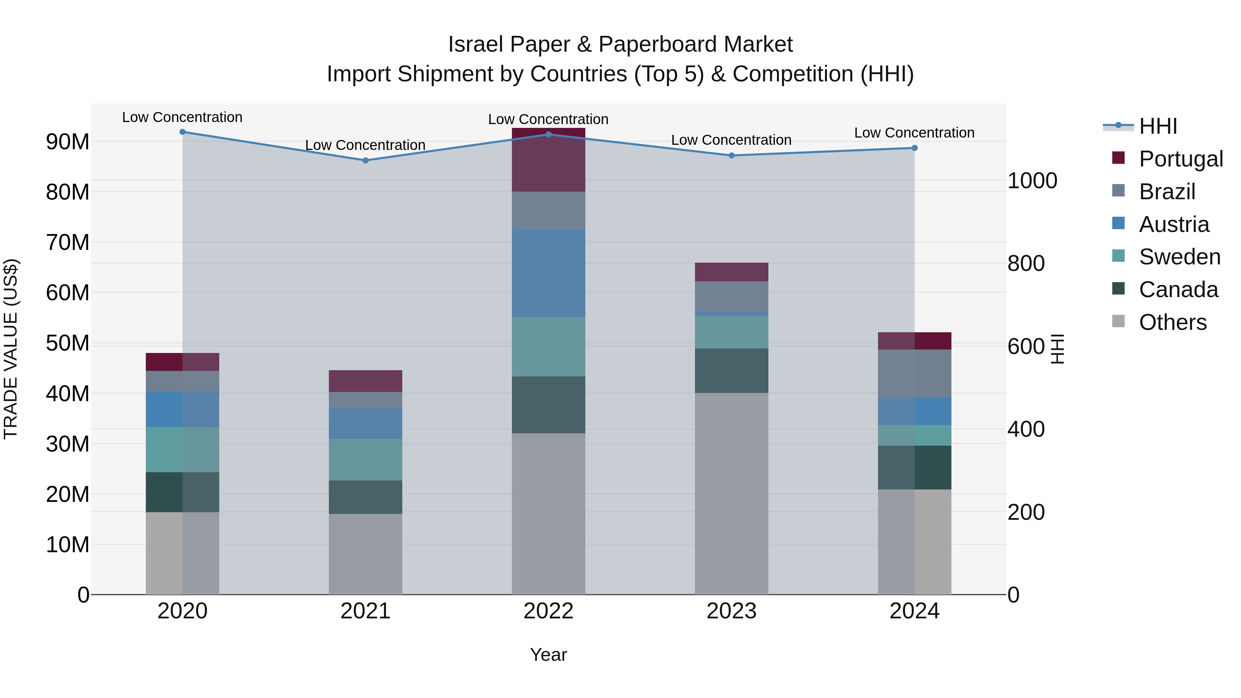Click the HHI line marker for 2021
click(365, 160)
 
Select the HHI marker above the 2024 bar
click(914, 148)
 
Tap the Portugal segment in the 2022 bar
click(548, 160)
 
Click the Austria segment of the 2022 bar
click(548, 273)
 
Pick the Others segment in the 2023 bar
click(731, 493)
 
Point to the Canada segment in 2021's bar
click(365, 497)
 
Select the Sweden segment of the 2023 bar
click(731, 332)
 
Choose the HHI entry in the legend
click(1158, 126)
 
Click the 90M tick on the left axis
click(68, 142)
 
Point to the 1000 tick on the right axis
click(1032, 181)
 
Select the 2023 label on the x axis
click(731, 611)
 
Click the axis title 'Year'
click(548, 655)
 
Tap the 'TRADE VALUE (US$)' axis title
click(11, 349)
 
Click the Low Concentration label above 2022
click(548, 119)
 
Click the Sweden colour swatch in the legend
click(1118, 256)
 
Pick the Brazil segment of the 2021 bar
click(365, 400)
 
